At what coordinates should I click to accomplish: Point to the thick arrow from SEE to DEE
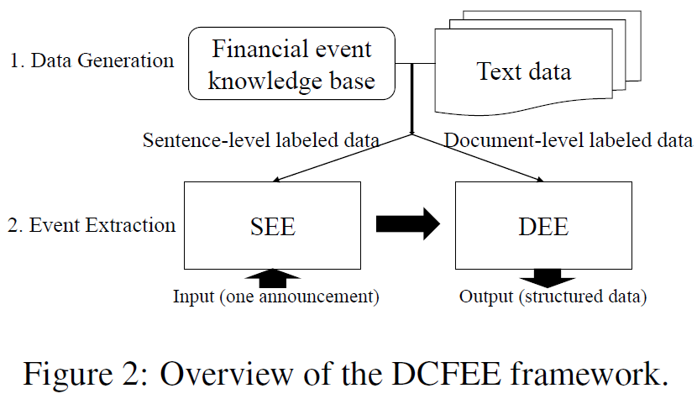pyautogui.click(x=408, y=224)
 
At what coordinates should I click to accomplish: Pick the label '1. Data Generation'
pyautogui.click(x=90, y=60)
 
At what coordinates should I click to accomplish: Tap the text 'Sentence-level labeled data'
pyautogui.click(x=261, y=140)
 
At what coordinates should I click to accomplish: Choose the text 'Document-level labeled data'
pyautogui.click(x=569, y=140)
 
